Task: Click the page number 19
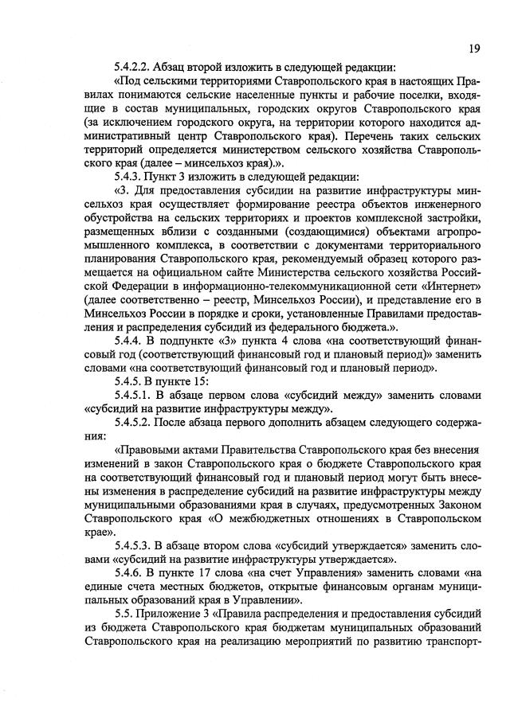[475, 49]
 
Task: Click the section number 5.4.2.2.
[135, 68]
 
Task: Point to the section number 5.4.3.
[131, 177]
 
